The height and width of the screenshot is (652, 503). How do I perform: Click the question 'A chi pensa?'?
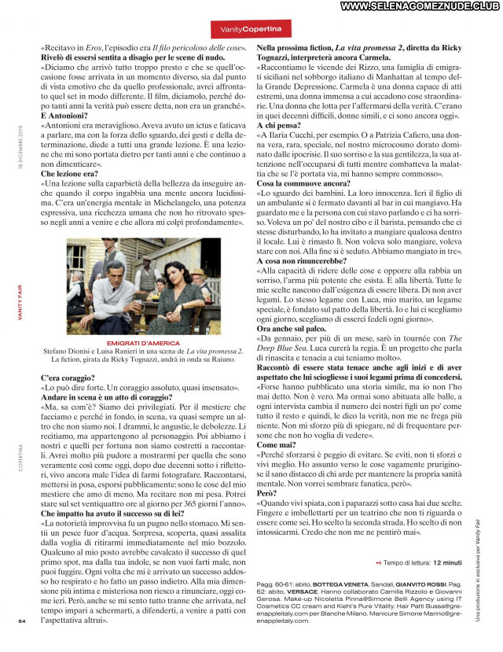[280, 125]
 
